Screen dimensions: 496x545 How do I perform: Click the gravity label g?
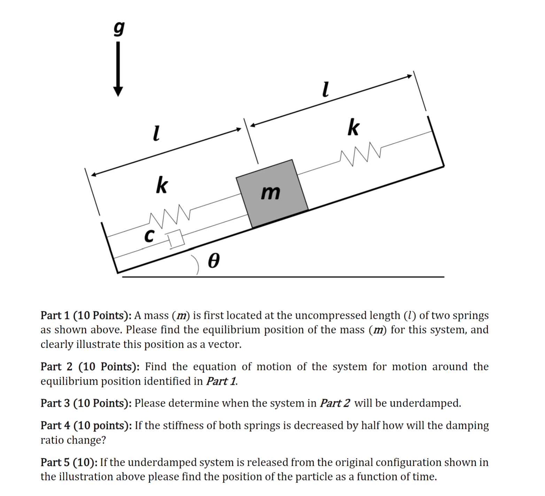click(119, 28)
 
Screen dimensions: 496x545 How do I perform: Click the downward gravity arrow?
click(118, 70)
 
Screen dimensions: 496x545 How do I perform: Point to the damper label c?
click(149, 236)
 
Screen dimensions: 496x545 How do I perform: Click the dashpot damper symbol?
click(176, 239)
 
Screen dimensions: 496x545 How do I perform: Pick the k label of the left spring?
click(162, 185)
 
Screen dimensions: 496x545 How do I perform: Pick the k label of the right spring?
click(353, 127)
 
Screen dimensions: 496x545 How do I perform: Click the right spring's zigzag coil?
click(361, 153)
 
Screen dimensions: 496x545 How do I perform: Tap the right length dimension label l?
click(325, 89)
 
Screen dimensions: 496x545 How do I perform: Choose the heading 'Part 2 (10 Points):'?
click(90, 367)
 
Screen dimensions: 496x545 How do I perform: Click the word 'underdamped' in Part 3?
click(425, 403)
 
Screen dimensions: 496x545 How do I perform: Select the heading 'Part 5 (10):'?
click(69, 462)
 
